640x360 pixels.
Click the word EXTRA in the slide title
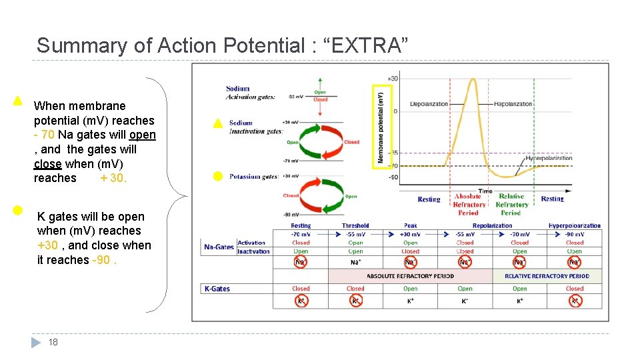(x=363, y=45)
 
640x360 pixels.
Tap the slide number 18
(x=53, y=342)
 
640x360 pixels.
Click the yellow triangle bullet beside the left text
(x=18, y=101)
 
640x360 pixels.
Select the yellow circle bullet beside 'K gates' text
(x=17, y=210)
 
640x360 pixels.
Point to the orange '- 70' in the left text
(x=44, y=135)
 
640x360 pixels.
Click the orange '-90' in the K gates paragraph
(x=102, y=260)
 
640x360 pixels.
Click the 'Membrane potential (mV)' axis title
(x=381, y=127)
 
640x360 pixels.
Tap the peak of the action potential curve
(x=473, y=80)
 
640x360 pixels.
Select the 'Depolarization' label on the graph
(x=429, y=104)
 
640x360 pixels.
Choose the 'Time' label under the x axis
(x=485, y=191)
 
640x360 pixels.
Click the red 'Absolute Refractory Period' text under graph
(x=468, y=205)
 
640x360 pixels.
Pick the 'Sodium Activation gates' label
(x=250, y=93)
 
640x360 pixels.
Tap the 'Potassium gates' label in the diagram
(x=254, y=177)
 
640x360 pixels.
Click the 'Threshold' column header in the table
(x=355, y=226)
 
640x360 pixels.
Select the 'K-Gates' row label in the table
(x=218, y=289)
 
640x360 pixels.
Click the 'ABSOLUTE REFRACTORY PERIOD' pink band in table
(x=410, y=276)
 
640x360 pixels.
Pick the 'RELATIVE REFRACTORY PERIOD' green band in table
(x=547, y=276)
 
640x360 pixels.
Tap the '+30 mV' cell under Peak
(x=410, y=234)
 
